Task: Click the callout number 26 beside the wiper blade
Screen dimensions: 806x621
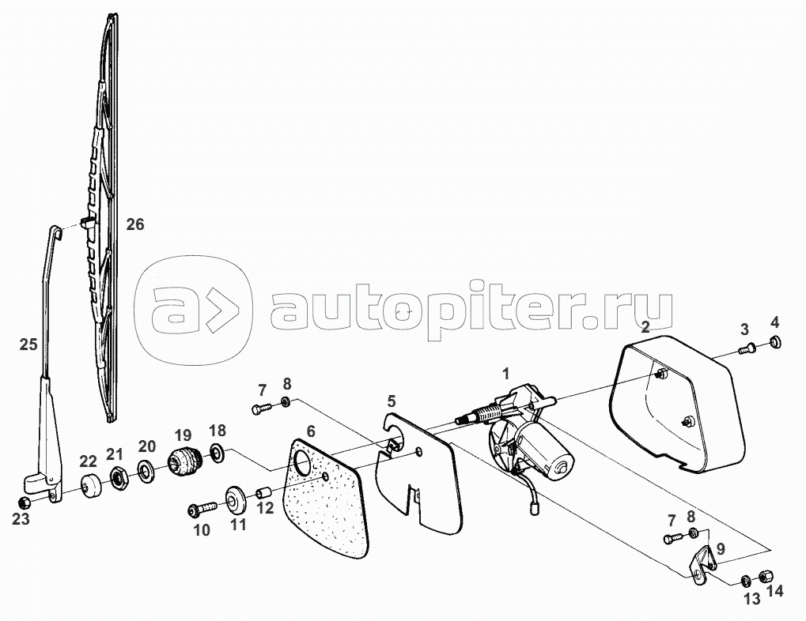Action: (x=135, y=224)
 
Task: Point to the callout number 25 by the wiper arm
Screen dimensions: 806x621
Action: (x=28, y=344)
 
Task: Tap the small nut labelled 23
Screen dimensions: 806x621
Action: (x=23, y=502)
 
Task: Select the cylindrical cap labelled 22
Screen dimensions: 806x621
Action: (x=91, y=486)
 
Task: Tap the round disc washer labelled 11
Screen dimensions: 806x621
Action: (x=236, y=500)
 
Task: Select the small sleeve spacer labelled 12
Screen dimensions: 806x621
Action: (x=263, y=494)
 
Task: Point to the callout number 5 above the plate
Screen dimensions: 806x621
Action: (x=392, y=400)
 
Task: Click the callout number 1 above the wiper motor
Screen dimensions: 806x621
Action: (x=506, y=374)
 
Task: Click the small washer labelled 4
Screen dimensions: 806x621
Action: (x=775, y=342)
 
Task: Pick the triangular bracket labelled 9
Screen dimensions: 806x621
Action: (x=702, y=563)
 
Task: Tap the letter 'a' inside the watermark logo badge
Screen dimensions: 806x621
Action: (x=171, y=312)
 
